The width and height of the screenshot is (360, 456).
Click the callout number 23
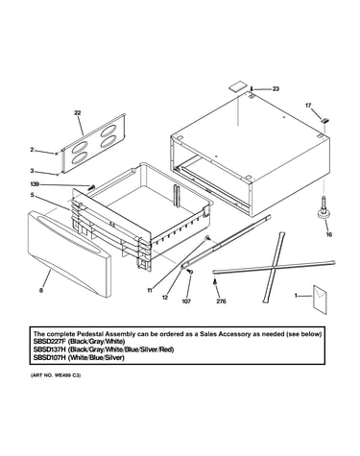(x=276, y=89)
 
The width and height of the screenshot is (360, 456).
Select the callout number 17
(x=308, y=106)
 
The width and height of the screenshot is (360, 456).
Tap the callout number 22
(x=78, y=112)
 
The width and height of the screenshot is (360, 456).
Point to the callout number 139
(x=35, y=184)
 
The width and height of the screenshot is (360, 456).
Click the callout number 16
(x=329, y=234)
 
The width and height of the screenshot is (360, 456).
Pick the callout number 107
(x=186, y=301)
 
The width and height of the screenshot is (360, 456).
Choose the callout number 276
(x=221, y=301)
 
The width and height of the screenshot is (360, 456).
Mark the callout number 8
(x=41, y=291)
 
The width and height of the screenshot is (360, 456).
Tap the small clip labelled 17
(x=324, y=121)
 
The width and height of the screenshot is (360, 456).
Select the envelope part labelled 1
(x=320, y=300)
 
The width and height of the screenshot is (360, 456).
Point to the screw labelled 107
(x=190, y=272)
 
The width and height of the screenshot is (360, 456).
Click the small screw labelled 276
(x=215, y=281)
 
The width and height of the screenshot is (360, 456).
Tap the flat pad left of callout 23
(x=238, y=87)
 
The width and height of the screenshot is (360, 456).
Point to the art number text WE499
(x=65, y=374)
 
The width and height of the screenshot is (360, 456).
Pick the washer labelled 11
(x=207, y=237)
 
